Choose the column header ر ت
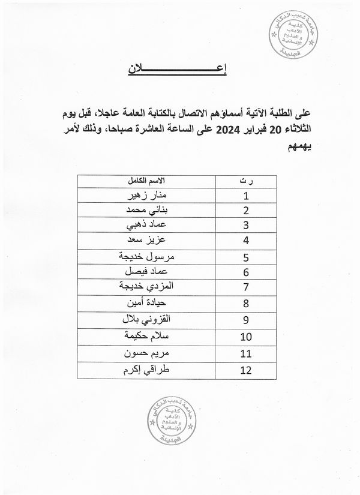(245, 181)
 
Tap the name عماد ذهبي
(148, 226)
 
